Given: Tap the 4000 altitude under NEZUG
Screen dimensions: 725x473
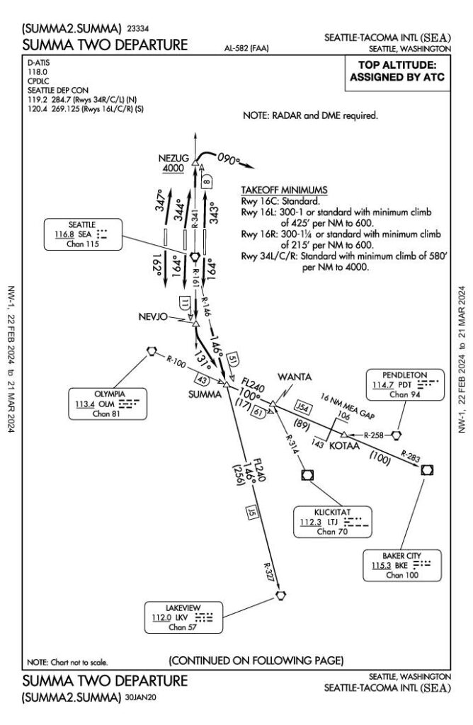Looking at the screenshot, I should pos(173,169).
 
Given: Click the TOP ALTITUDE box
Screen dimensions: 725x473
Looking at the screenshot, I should pos(397,73).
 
